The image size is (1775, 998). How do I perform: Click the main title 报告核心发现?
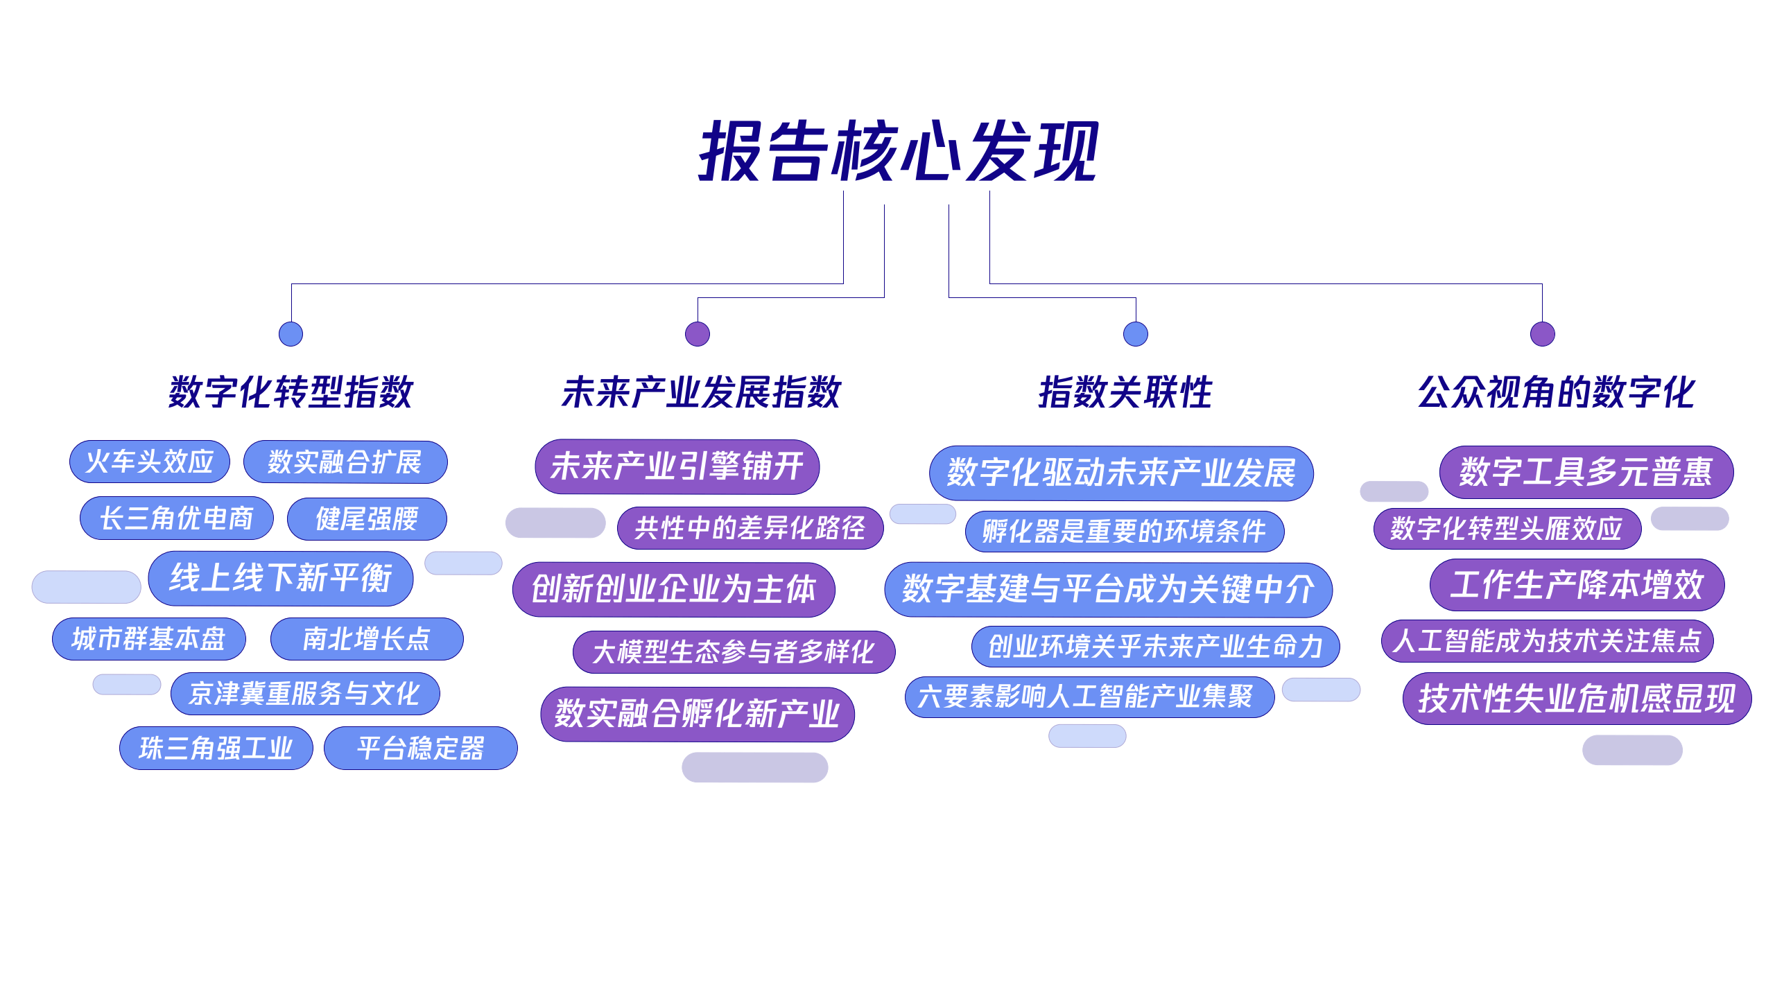coord(899,151)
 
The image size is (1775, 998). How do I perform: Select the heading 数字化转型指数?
coord(291,392)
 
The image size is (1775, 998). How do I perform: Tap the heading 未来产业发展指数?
coord(701,392)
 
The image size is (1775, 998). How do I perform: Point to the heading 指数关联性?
coord(1125,392)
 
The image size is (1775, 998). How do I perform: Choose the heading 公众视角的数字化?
coord(1556,392)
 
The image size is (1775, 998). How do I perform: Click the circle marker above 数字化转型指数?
coord(291,334)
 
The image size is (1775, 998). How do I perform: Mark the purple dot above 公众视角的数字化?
coord(1542,334)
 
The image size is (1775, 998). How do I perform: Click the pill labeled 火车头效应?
coord(149,462)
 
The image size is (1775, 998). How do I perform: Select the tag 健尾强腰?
coord(367,519)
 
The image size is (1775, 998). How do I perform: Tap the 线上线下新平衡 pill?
coord(281,578)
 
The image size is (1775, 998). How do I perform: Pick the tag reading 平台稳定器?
coord(420,748)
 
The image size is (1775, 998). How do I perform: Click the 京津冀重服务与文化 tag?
coord(305,694)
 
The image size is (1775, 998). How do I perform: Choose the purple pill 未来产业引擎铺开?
coord(677,466)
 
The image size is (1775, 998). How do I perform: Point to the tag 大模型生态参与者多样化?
coord(734,651)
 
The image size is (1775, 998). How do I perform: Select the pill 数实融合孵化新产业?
coord(697,714)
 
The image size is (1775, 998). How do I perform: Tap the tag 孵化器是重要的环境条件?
coord(1124,532)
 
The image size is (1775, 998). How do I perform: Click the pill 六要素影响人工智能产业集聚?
coord(1089,697)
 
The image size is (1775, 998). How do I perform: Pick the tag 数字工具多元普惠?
coord(1586,472)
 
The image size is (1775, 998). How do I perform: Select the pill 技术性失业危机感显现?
coord(1577,698)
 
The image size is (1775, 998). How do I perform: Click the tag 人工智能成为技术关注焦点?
coord(1547,640)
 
